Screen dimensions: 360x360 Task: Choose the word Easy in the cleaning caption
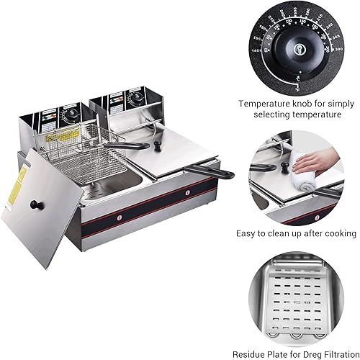(247, 233)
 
